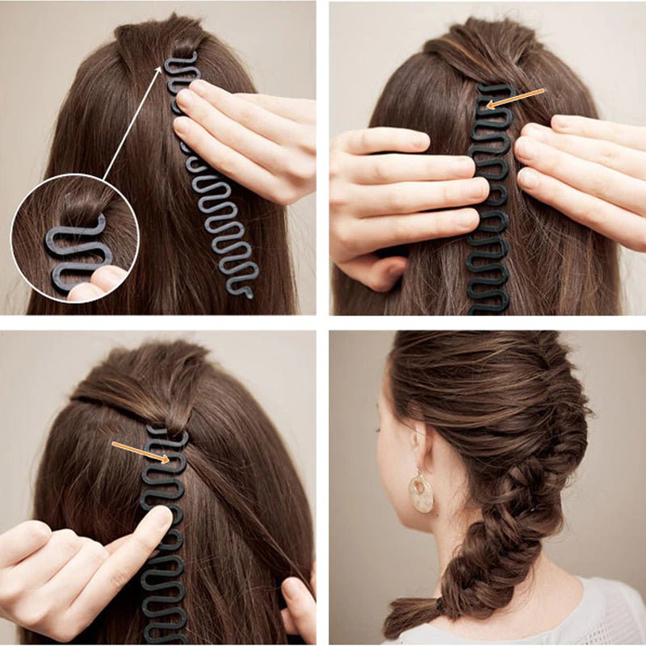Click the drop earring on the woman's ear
(x=420, y=493)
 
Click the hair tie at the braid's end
(x=439, y=603)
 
